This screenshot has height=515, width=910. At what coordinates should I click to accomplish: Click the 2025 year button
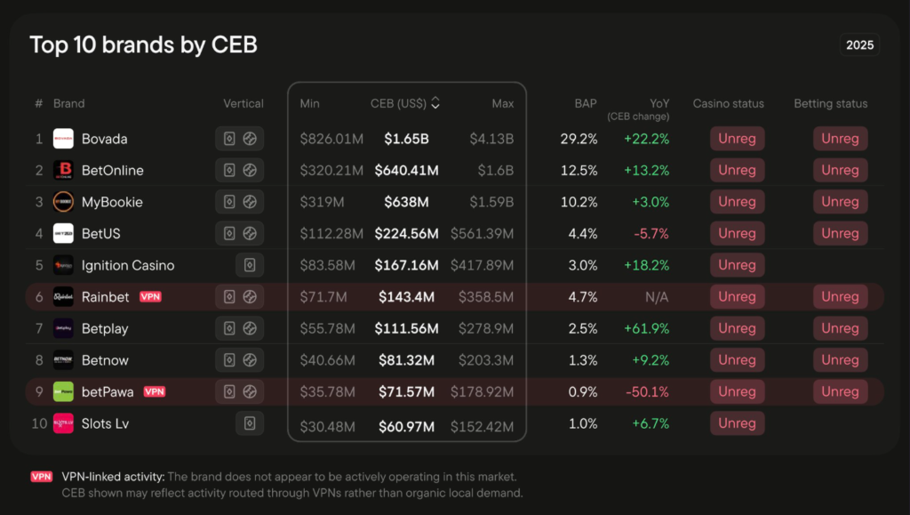(x=859, y=45)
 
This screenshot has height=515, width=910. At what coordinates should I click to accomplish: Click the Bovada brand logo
(x=63, y=139)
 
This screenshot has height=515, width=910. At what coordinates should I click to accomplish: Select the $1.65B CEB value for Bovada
(x=406, y=139)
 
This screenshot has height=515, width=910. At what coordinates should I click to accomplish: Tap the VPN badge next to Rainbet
(x=150, y=297)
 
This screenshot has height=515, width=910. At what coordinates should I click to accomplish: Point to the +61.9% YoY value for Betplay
(x=646, y=328)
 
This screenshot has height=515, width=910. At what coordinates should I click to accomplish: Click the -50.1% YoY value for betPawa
(x=646, y=391)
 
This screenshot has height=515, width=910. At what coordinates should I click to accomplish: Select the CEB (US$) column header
(x=405, y=103)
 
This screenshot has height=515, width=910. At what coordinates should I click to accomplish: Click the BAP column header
(x=585, y=103)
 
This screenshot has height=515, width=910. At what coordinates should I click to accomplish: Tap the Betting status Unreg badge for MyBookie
(x=840, y=202)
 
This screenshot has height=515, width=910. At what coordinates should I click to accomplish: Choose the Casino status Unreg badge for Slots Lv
(x=737, y=423)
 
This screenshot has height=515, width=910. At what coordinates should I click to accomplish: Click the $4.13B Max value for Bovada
(x=491, y=139)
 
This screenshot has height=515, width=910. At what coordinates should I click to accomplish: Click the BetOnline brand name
(x=112, y=170)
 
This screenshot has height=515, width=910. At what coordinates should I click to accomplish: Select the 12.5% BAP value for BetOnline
(x=579, y=170)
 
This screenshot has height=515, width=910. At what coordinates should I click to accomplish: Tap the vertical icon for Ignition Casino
(x=250, y=265)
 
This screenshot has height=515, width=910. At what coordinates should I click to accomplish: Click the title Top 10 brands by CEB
(x=143, y=44)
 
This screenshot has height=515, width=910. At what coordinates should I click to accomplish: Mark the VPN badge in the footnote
(x=42, y=477)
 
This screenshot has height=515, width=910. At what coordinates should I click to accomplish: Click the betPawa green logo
(x=63, y=391)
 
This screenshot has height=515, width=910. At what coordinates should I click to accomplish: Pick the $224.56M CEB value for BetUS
(x=406, y=233)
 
